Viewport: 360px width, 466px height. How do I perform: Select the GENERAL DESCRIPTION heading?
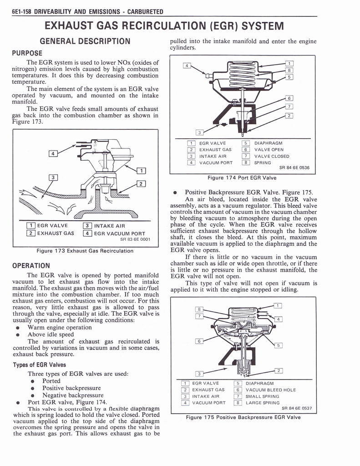click(x=85, y=41)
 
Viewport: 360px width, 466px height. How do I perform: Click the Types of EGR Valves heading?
click(x=40, y=365)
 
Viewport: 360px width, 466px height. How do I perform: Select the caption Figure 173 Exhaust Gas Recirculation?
click(x=85, y=251)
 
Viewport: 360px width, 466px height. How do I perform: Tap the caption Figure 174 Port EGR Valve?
click(x=242, y=177)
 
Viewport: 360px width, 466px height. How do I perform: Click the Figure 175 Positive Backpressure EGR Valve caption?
click(x=243, y=417)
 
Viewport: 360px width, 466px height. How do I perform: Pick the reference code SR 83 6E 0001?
click(x=135, y=239)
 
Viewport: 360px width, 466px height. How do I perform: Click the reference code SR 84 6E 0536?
click(x=294, y=167)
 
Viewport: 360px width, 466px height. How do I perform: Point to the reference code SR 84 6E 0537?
click(x=296, y=408)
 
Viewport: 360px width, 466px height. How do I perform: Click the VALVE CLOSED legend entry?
click(x=271, y=156)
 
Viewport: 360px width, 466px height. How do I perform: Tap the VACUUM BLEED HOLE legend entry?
click(x=270, y=390)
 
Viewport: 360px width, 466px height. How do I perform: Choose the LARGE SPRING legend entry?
click(x=264, y=403)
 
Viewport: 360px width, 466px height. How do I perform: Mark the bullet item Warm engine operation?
click(x=59, y=327)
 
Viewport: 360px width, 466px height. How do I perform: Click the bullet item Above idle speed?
click(x=50, y=334)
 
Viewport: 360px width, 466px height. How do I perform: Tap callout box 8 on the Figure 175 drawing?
click(x=198, y=309)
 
